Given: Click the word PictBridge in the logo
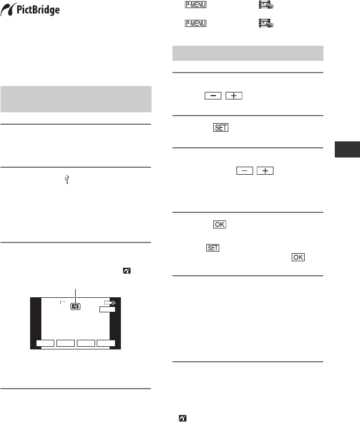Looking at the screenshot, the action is pyautogui.click(x=38, y=10).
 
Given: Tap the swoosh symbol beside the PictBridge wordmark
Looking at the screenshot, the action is pyautogui.click(x=8, y=10).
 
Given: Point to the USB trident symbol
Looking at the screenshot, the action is pyautogui.click(x=67, y=179).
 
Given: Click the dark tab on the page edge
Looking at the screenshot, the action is pyautogui.click(x=347, y=149).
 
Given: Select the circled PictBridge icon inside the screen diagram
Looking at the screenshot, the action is pyautogui.click(x=75, y=306).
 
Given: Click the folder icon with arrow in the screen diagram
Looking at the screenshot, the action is pyautogui.click(x=110, y=303).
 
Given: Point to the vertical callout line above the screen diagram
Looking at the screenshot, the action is pyautogui.click(x=75, y=296).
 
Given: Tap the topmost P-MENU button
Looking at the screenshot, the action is pyautogui.click(x=196, y=5).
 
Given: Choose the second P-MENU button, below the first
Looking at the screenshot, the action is pyautogui.click(x=196, y=24).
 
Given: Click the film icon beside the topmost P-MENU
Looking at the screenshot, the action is pyautogui.click(x=266, y=5).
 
